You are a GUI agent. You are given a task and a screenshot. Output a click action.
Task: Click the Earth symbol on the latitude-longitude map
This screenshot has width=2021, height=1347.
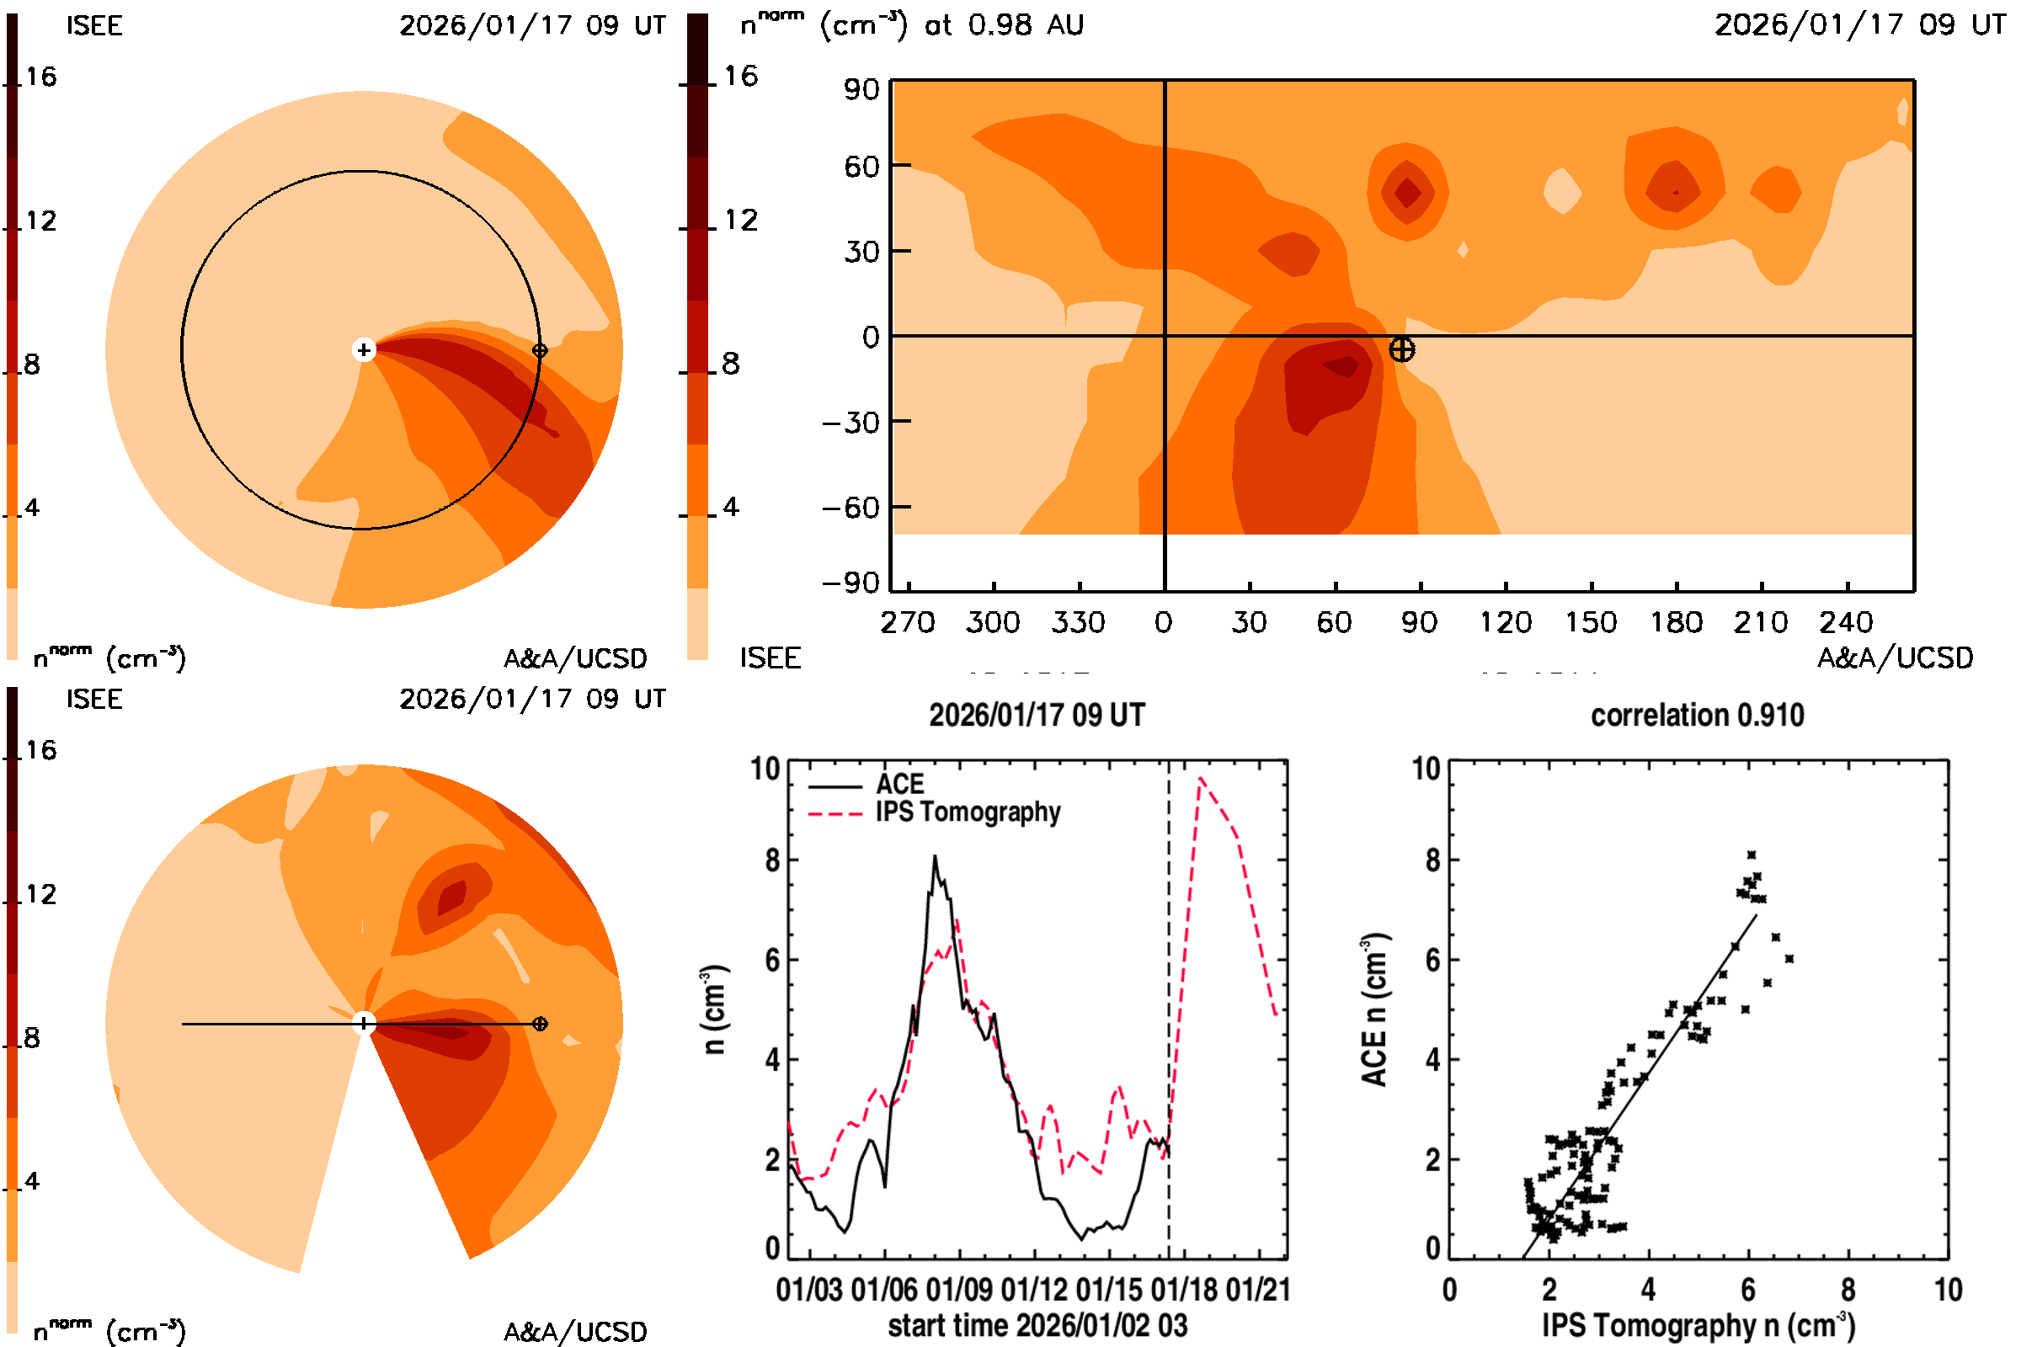pyautogui.click(x=1401, y=349)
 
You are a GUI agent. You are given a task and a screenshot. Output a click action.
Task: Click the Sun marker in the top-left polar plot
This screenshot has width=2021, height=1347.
pyautogui.click(x=364, y=349)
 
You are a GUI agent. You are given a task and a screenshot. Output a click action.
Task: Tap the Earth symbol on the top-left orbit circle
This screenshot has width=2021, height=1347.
pyautogui.click(x=540, y=349)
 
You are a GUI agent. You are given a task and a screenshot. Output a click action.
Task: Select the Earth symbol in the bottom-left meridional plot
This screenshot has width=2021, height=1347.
pyautogui.click(x=540, y=1023)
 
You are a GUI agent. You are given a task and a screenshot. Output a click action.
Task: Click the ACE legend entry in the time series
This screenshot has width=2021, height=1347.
pyautogui.click(x=899, y=785)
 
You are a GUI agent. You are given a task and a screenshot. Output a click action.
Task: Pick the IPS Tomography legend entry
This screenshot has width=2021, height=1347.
pyautogui.click(x=967, y=812)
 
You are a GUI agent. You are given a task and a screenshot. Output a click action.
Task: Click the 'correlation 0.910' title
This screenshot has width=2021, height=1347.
pyautogui.click(x=1696, y=716)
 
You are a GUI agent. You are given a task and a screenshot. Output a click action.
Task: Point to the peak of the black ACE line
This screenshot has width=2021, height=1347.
pyautogui.click(x=935, y=856)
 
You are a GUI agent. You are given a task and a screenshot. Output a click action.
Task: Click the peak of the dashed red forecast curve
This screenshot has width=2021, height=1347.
pyautogui.click(x=1201, y=778)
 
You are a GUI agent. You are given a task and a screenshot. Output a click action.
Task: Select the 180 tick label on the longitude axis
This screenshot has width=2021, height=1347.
pyautogui.click(x=1675, y=622)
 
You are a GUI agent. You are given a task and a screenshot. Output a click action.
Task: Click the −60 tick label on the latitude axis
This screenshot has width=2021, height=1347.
pyautogui.click(x=851, y=508)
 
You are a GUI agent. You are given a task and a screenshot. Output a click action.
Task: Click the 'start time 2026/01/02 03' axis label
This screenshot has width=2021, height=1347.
pyautogui.click(x=1037, y=1325)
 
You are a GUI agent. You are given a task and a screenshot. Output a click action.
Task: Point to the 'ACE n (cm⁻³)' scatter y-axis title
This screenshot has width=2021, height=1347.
pyautogui.click(x=1374, y=1010)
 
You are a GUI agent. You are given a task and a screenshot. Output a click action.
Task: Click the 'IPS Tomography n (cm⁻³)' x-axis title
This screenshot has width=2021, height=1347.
pyautogui.click(x=1698, y=1325)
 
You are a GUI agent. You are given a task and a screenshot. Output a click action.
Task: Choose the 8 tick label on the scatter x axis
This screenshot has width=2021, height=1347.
pyautogui.click(x=1848, y=1290)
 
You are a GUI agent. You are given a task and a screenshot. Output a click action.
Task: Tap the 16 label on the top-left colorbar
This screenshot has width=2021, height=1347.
pyautogui.click(x=40, y=77)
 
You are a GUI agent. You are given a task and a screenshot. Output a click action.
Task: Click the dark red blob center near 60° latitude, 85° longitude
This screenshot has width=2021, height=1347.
pyautogui.click(x=1407, y=193)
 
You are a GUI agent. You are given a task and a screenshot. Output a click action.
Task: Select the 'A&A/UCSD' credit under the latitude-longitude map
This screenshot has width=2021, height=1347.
pyautogui.click(x=1895, y=658)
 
